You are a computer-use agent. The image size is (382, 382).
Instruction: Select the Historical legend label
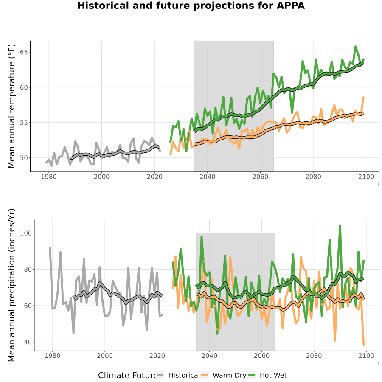click(x=184, y=375)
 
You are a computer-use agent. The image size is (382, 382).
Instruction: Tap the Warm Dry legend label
click(x=230, y=376)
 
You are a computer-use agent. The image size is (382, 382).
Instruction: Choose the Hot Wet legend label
click(x=273, y=375)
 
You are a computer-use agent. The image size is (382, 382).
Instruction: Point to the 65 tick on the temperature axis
click(x=24, y=52)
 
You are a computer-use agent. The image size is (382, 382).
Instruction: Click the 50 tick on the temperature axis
click(x=24, y=158)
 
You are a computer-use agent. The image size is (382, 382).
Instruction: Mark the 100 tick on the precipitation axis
click(x=25, y=233)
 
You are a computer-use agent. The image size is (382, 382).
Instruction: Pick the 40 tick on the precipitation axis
click(x=28, y=342)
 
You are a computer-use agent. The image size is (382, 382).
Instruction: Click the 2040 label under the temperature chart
click(x=207, y=177)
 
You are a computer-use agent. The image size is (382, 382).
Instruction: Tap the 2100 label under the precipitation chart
click(x=366, y=356)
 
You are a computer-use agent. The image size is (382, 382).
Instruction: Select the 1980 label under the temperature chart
click(x=49, y=177)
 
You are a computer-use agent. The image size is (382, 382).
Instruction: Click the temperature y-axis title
click(x=11, y=106)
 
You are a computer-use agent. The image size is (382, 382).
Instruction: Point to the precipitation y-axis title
click(x=11, y=285)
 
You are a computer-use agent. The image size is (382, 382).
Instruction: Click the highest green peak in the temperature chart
click(x=355, y=46)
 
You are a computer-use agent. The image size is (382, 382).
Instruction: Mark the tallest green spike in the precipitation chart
click(x=340, y=226)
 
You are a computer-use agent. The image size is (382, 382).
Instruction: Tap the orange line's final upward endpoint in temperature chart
click(x=363, y=98)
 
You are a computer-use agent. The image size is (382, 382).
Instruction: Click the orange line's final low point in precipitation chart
click(x=364, y=345)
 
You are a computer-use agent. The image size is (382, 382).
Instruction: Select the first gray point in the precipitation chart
click(x=50, y=248)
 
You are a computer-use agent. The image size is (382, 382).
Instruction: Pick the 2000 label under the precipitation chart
click(x=105, y=356)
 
